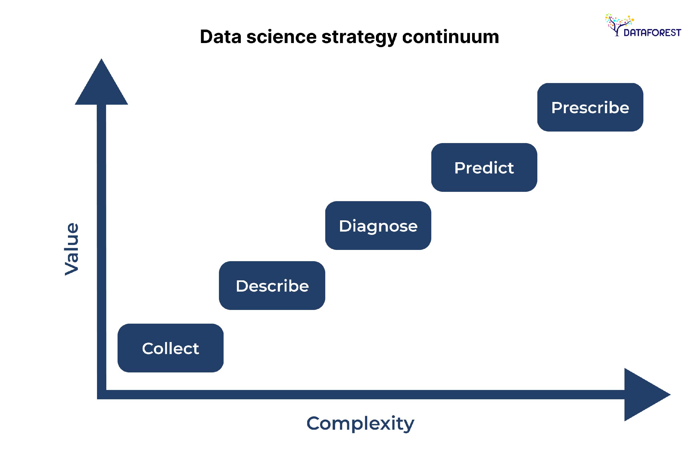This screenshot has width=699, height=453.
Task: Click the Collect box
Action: (170, 348)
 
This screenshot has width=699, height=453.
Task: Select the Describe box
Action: (272, 286)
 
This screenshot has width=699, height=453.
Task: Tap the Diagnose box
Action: (378, 226)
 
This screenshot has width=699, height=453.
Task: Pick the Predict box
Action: (484, 167)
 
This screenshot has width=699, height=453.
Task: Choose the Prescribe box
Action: (590, 107)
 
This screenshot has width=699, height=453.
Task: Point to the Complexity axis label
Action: (360, 423)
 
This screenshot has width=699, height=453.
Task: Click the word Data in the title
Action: (220, 37)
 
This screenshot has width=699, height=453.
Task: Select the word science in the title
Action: (281, 37)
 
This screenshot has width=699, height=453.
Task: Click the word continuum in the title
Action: (450, 37)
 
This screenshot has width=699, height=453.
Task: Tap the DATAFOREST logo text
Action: (652, 33)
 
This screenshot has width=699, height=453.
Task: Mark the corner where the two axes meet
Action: (102, 394)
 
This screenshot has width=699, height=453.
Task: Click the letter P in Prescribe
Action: (557, 107)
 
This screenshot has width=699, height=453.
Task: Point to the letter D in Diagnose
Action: (345, 226)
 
